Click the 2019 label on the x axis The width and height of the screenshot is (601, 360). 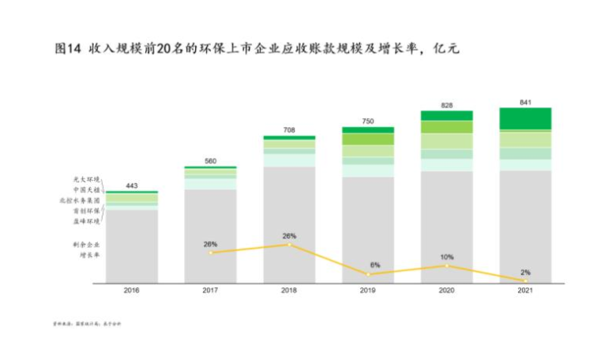[x=368, y=291]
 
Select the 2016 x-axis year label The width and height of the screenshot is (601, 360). [x=131, y=291]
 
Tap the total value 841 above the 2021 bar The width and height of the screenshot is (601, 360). [x=525, y=102]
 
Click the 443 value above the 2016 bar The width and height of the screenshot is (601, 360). [x=131, y=186]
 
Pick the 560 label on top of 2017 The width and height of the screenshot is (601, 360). [x=210, y=161]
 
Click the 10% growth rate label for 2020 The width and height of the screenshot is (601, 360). [x=447, y=257]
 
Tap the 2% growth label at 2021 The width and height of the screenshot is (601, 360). [x=525, y=272]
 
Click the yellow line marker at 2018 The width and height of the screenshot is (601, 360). [x=289, y=245]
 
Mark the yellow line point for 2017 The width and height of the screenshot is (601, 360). [x=210, y=253]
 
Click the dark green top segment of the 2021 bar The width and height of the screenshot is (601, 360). [x=525, y=118]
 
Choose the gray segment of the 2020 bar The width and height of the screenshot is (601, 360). [x=447, y=229]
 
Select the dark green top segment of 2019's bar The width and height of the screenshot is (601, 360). [x=368, y=129]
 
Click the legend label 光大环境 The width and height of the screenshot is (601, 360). [x=87, y=180]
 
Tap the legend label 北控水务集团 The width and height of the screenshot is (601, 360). [x=81, y=201]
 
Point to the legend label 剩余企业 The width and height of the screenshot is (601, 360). [x=87, y=245]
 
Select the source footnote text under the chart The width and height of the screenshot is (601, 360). [x=87, y=323]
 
